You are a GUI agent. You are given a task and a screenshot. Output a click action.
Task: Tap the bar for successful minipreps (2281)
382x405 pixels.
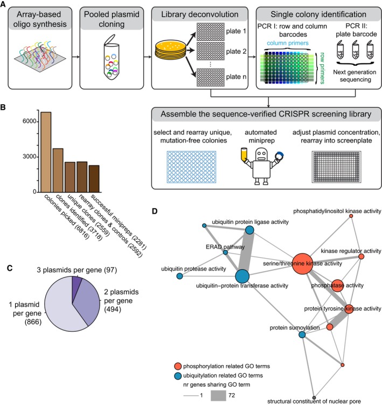pos(94,179)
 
